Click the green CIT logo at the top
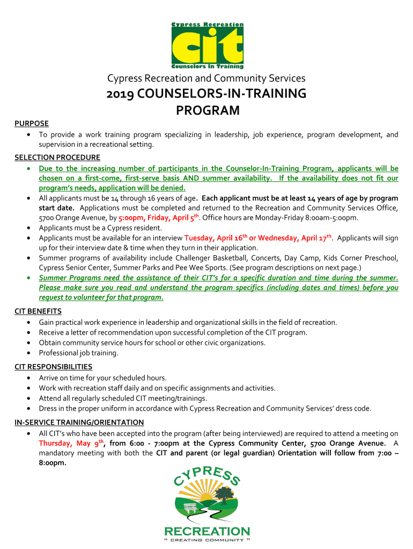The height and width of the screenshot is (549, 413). pyautogui.click(x=206, y=46)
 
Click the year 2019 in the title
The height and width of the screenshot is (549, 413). pyautogui.click(x=121, y=94)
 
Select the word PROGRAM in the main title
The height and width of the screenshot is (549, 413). pyautogui.click(x=208, y=111)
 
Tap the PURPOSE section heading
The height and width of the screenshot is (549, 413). pyautogui.click(x=31, y=123)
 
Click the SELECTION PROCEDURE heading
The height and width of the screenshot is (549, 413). pyautogui.click(x=57, y=157)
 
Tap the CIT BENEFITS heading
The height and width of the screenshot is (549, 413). pyautogui.click(x=38, y=311)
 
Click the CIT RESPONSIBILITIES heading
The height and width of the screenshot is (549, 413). pyautogui.click(x=53, y=367)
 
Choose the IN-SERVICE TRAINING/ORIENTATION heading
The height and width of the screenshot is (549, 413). pyautogui.click(x=79, y=422)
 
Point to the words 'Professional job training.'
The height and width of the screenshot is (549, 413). pyautogui.click(x=78, y=353)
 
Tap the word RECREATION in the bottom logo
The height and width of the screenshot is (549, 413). pyautogui.click(x=206, y=531)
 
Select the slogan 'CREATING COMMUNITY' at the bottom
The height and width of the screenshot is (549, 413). pyautogui.click(x=206, y=541)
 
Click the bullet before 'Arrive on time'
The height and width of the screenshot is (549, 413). pyautogui.click(x=28, y=377)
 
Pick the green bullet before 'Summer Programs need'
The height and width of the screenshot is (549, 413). pyautogui.click(x=28, y=278)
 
